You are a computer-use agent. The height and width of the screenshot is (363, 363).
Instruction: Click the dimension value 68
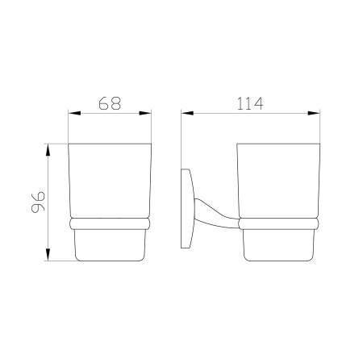(110, 103)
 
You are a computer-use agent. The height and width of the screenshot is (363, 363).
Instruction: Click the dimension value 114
(250, 104)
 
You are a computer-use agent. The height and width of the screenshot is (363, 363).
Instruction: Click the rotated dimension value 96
(38, 202)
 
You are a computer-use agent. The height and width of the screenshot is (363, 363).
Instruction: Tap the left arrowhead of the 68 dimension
(74, 113)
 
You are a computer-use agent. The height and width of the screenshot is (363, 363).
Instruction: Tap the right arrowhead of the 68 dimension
(145, 113)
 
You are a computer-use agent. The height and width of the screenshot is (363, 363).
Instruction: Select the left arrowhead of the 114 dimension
(187, 113)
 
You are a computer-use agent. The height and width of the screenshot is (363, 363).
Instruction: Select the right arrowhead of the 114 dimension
(314, 113)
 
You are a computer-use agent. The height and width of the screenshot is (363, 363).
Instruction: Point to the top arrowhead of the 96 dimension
(48, 150)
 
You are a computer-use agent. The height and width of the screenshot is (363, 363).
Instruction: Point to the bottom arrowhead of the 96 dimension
(48, 254)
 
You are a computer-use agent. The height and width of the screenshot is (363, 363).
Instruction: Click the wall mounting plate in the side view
(186, 208)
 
